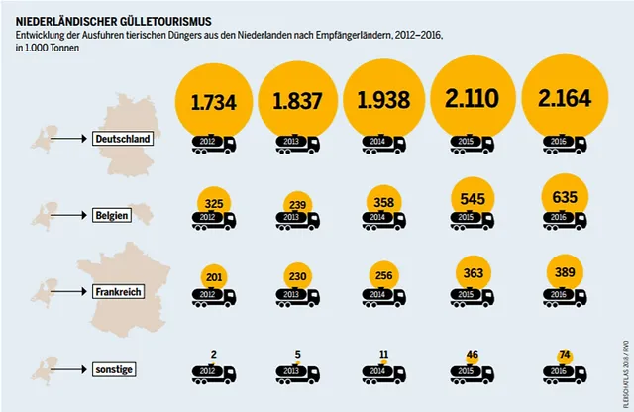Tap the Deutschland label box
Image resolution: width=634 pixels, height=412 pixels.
click(x=122, y=139)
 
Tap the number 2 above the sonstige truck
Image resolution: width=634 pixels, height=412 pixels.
click(x=214, y=353)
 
